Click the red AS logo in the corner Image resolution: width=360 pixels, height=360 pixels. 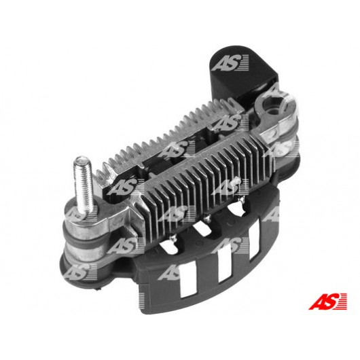pos(327,302)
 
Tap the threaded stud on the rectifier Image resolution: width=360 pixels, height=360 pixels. pos(84,185)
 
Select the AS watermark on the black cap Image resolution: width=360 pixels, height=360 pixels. pos(230,62)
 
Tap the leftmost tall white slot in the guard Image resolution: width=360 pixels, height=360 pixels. pos(188,283)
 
